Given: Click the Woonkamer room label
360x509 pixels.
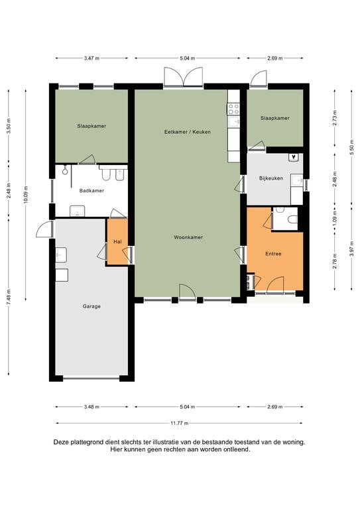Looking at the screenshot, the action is pos(188,237).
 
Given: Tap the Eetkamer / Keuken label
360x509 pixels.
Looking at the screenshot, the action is pos(188,132).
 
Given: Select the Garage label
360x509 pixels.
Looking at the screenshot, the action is pos(91,306).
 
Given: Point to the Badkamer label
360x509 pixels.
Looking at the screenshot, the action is pos(91,191).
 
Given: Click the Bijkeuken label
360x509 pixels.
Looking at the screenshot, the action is pos(270,178).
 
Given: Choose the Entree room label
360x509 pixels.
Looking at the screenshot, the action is pos(273,254).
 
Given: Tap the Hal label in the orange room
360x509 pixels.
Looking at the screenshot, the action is pos(117,242).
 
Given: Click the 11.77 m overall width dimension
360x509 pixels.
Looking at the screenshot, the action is pos(179,423).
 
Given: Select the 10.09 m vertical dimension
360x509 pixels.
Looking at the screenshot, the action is pos(26,195).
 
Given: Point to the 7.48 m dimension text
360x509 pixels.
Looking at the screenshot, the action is pos(9,296).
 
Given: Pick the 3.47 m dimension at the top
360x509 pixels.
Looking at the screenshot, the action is pos(91,58).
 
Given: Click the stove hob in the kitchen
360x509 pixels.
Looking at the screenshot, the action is pos(233,109).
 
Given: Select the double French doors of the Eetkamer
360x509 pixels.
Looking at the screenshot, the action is pos(184,77).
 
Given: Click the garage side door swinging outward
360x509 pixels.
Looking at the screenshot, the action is pos(44,229).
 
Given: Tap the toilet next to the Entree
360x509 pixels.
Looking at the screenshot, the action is pos(292,219).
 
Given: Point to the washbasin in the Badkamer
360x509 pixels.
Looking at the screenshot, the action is pos(78,211).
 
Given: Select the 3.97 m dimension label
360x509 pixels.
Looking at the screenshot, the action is pos(351,249).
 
